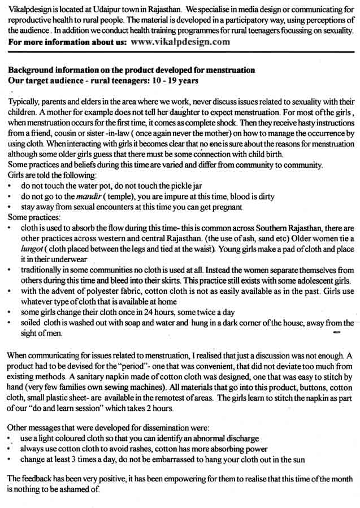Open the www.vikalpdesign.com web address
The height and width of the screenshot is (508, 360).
pos(180,42)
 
